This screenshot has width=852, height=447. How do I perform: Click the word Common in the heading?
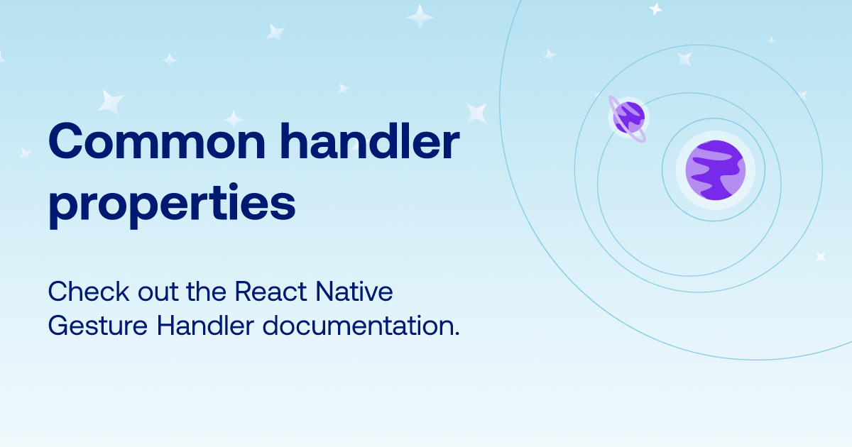pos(157,141)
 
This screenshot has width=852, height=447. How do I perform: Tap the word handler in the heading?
pos(370,140)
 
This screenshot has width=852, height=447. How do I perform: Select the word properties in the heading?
pos(172,206)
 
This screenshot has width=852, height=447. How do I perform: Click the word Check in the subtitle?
pos(89,292)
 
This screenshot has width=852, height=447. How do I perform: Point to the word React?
pos(271,292)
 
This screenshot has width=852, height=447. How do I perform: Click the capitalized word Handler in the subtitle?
pos(205,326)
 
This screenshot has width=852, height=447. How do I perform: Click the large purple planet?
pos(716,170)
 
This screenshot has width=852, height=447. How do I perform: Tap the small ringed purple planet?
pos(628,118)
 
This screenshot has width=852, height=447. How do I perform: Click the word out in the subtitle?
pos(158,293)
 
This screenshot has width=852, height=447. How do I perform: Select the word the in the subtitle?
pos(206,292)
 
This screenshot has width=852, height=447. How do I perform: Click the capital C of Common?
pos(65,141)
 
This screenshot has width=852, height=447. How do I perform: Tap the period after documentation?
pos(457,333)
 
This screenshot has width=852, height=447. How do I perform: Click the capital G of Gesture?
pos(60,326)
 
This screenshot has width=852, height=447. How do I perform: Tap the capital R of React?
pos(244,292)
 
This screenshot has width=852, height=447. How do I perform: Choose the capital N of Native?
pos(326,292)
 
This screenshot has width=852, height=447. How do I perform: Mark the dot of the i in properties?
pos(233,188)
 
